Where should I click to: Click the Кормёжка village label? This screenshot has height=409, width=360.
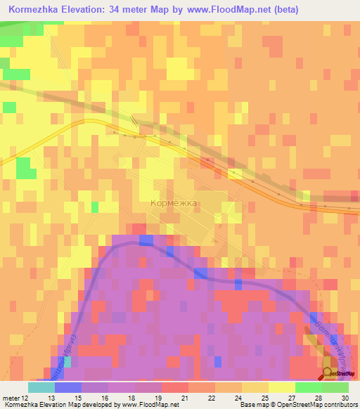174,202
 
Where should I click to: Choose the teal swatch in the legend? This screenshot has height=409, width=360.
41,387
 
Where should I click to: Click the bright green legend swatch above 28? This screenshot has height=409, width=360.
308,387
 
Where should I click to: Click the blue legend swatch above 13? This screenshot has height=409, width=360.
67,387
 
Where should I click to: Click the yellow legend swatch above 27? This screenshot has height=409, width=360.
281,387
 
